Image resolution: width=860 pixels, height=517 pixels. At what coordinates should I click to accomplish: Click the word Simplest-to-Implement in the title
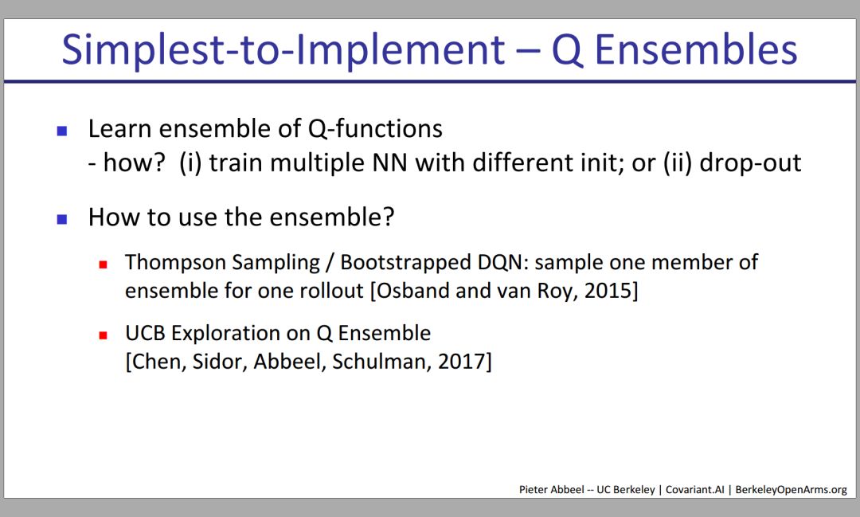point(283,50)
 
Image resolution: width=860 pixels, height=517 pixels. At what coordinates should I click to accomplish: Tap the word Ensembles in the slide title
point(696,49)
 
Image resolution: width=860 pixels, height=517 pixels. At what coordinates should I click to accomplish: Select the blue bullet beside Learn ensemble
point(62,131)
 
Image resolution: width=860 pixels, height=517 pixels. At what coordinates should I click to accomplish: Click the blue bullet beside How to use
point(62,219)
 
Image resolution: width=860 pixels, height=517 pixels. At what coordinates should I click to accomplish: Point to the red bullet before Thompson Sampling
point(103,264)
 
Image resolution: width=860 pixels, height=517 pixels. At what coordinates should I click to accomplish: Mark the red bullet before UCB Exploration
point(103,335)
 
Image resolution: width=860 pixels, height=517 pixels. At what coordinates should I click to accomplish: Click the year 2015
point(611,290)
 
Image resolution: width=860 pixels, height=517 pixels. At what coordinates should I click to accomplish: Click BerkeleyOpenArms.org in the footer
point(791,490)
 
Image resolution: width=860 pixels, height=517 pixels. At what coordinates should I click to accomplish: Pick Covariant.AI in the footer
point(695,490)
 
